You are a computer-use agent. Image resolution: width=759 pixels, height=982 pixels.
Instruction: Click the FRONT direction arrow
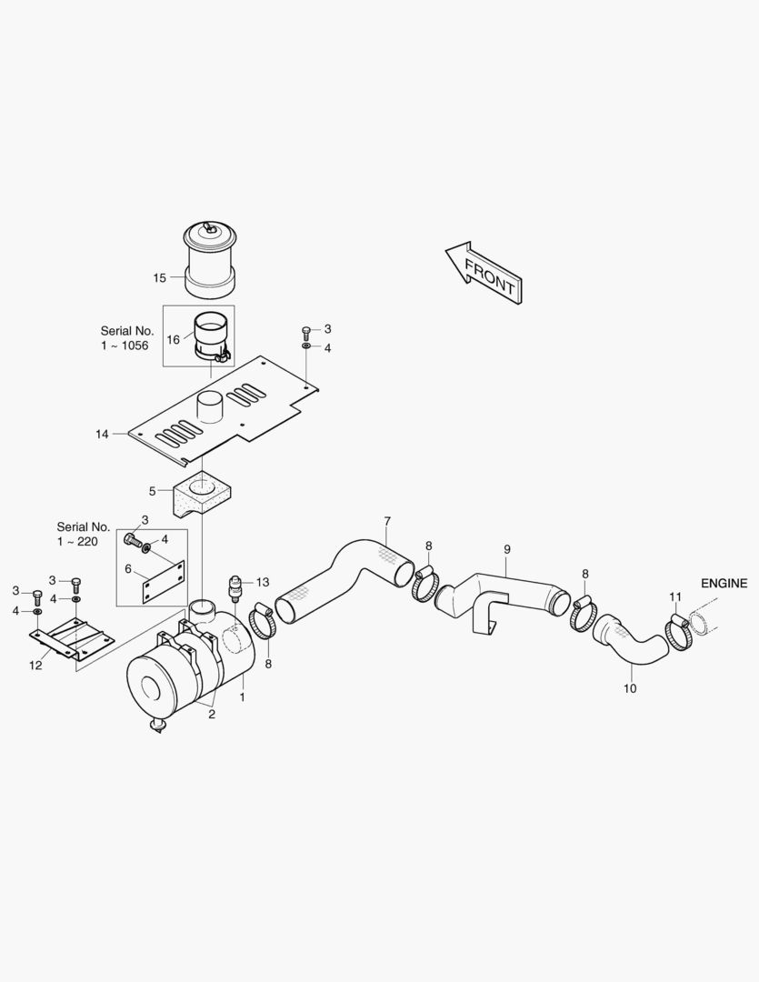[484, 274]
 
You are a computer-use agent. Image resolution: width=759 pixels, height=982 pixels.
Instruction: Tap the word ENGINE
[724, 583]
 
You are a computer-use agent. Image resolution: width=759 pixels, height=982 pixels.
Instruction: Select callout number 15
[160, 277]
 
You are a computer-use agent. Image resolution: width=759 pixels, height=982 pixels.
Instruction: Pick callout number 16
[173, 339]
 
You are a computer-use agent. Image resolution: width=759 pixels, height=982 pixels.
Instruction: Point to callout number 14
[102, 434]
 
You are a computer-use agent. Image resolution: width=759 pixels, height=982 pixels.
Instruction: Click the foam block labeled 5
[200, 495]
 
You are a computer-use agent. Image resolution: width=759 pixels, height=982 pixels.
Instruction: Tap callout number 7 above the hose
[387, 521]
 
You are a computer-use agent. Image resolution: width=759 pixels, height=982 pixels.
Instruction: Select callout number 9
[506, 549]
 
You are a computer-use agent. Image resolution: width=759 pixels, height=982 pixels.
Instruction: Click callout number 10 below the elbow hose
[630, 688]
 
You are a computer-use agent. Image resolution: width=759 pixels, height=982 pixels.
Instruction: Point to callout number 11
[675, 596]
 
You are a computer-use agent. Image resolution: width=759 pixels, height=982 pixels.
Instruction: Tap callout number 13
[263, 583]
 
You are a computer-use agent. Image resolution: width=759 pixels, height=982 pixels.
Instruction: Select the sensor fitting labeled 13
[235, 586]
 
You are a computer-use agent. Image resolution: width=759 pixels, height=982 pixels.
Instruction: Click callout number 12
[35, 665]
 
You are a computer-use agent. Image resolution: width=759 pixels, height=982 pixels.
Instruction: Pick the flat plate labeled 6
[164, 582]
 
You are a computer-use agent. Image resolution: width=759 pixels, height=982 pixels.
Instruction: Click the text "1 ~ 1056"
[125, 346]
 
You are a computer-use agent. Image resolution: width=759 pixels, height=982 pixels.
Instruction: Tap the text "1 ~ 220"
[77, 542]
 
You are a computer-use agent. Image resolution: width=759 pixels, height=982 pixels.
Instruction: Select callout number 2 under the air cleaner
[212, 714]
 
